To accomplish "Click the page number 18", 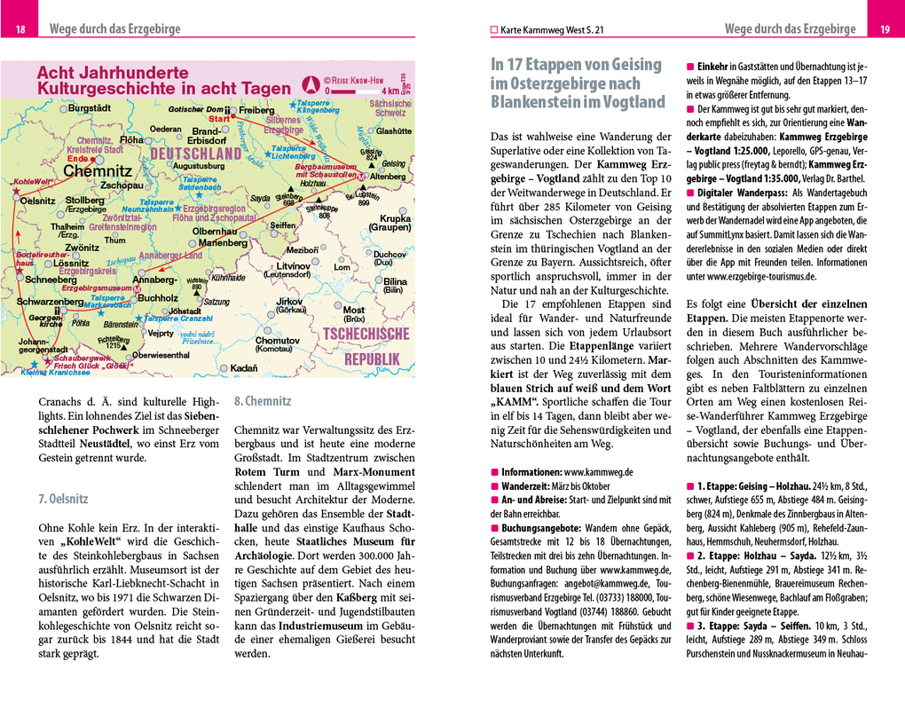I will (20, 31).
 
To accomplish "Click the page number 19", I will (885, 31).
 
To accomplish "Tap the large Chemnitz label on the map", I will (98, 170).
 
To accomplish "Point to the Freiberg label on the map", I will (256, 110).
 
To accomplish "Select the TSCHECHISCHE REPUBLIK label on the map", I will (366, 346).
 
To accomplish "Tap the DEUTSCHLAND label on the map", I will (195, 154).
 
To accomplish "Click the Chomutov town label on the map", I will (277, 341).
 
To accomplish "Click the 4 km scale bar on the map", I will (363, 91).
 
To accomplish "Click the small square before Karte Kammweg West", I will (495, 30).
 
